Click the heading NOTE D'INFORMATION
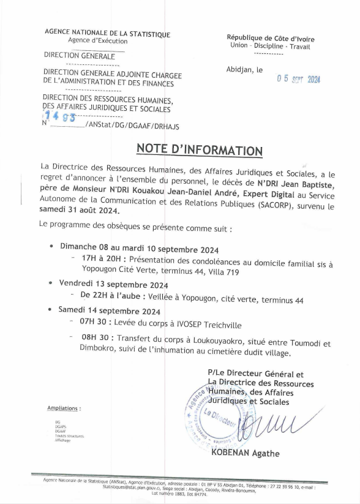tap(199, 149)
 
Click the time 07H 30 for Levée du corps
tap(94, 321)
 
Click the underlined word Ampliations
tap(64, 408)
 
